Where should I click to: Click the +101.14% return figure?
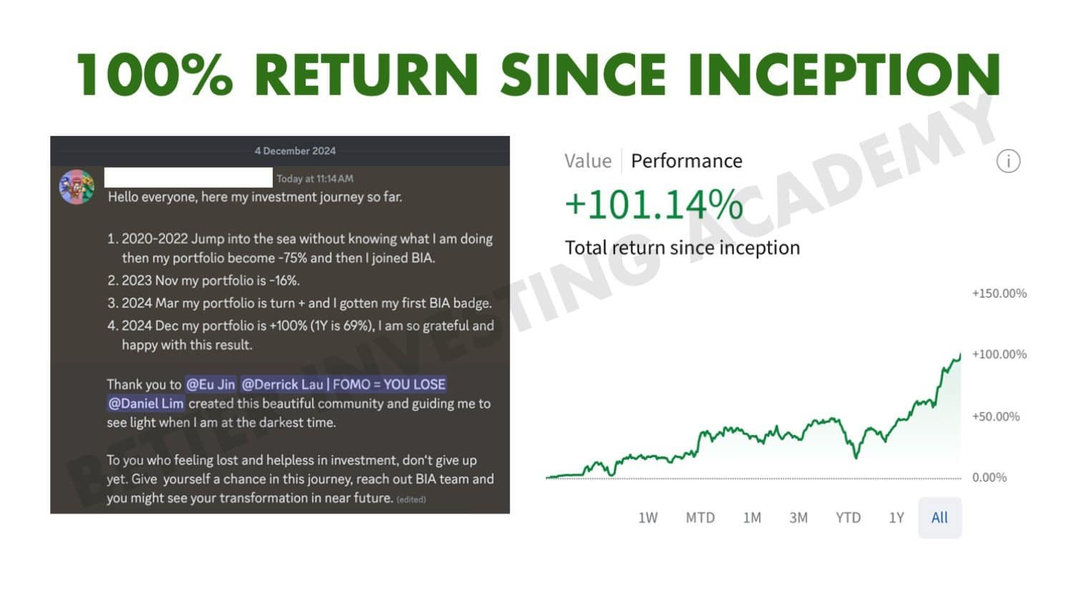click(654, 205)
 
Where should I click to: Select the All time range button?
click(939, 517)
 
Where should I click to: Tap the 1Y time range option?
click(896, 517)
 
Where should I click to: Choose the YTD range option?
click(848, 517)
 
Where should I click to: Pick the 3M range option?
click(798, 517)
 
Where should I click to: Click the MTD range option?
click(700, 517)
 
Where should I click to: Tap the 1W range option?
click(648, 517)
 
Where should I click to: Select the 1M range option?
click(752, 517)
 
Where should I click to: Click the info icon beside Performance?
click(1008, 161)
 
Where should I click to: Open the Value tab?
click(588, 161)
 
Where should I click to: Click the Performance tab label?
click(687, 161)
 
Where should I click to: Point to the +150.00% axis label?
click(1000, 293)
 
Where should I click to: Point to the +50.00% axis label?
click(996, 417)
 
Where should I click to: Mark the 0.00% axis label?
click(989, 477)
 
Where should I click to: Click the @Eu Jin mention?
click(211, 384)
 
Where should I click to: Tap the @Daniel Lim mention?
click(146, 404)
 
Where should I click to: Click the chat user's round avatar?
click(77, 187)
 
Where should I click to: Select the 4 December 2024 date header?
click(295, 151)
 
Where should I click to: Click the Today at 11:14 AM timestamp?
click(315, 179)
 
